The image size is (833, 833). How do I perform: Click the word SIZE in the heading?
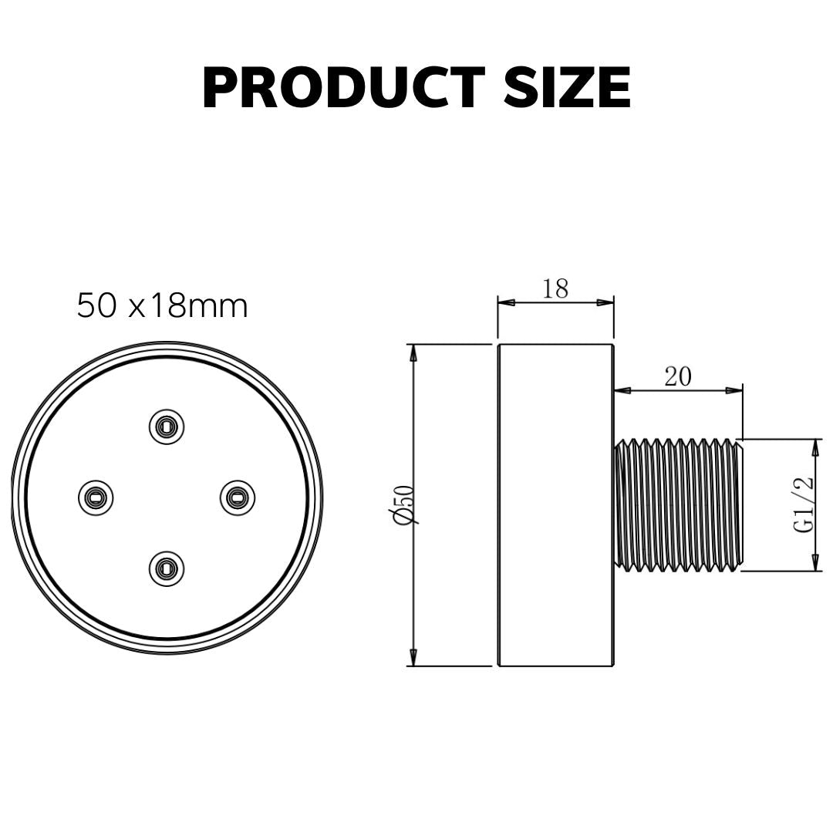tap(567, 88)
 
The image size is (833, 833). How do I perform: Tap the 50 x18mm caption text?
tap(163, 306)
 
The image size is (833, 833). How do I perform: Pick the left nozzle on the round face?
tap(96, 497)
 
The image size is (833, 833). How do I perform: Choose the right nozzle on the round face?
tap(238, 497)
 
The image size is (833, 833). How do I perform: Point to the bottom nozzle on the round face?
tap(167, 569)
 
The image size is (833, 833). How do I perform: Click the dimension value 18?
tap(555, 289)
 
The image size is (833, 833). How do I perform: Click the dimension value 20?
tap(678, 377)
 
